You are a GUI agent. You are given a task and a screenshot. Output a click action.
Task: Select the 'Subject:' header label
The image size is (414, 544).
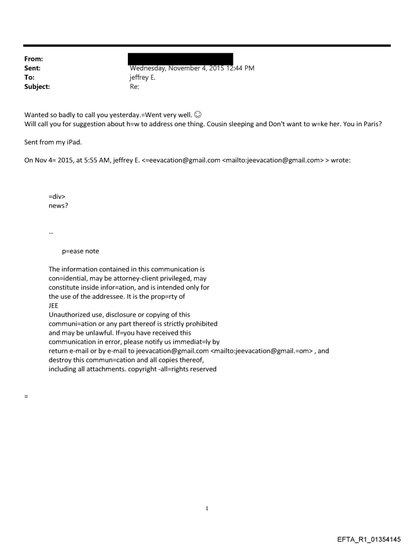click(x=36, y=87)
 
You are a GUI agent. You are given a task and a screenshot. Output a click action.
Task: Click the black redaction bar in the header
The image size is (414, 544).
click(x=181, y=59)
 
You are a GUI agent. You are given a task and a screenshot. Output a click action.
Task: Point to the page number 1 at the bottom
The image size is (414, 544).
click(x=207, y=508)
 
